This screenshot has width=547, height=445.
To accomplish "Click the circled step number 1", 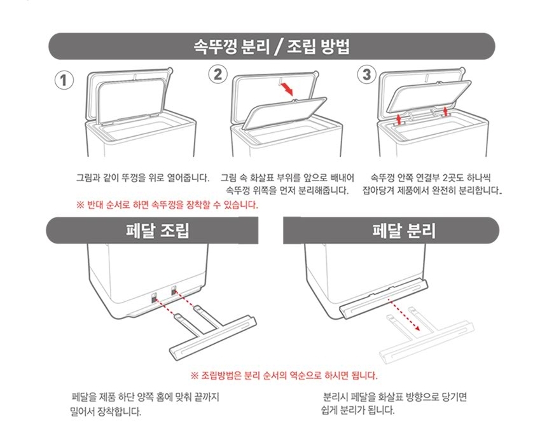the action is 64,80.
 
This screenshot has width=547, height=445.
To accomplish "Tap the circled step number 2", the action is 218,74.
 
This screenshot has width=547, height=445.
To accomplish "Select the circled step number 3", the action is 367,74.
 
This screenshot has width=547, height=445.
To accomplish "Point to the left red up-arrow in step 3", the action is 399,119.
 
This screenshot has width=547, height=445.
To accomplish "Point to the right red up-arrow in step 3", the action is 445,112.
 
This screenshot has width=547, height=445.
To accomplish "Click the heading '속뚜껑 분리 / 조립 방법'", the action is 272,46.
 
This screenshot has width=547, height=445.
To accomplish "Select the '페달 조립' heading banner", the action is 152,231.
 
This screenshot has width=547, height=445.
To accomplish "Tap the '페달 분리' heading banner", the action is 391,231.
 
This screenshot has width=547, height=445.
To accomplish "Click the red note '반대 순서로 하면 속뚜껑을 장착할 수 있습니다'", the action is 167,205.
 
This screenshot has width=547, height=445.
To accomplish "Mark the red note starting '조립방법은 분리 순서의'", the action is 284,376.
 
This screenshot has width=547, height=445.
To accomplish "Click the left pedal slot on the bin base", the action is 154,298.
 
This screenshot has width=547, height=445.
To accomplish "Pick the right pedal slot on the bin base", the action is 174,291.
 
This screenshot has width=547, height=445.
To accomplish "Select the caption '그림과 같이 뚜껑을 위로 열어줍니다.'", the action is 143,178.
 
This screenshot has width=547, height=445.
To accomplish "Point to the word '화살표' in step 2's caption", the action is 262,178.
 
